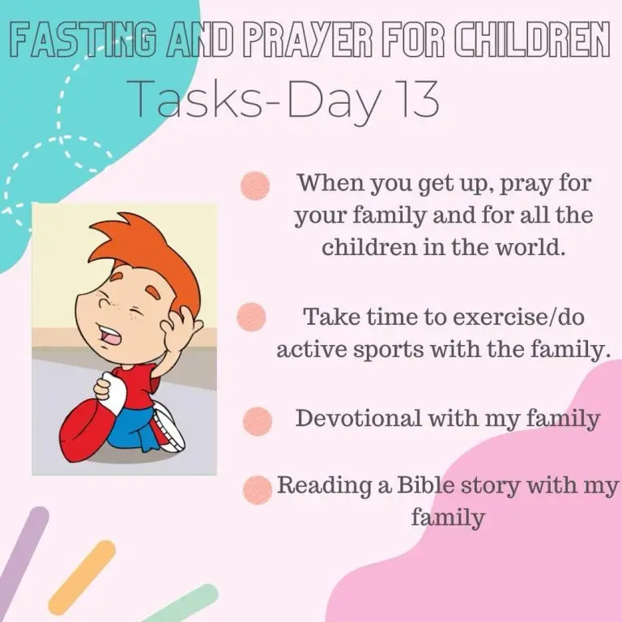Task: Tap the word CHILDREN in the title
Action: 531,40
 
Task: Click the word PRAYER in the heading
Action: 307,40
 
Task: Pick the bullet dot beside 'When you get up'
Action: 255,185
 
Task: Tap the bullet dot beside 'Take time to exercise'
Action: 251,317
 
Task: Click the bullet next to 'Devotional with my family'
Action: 257,421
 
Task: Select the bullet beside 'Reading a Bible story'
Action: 257,489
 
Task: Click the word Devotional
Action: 358,418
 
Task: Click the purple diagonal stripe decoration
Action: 23,556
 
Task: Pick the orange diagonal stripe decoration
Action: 82,577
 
